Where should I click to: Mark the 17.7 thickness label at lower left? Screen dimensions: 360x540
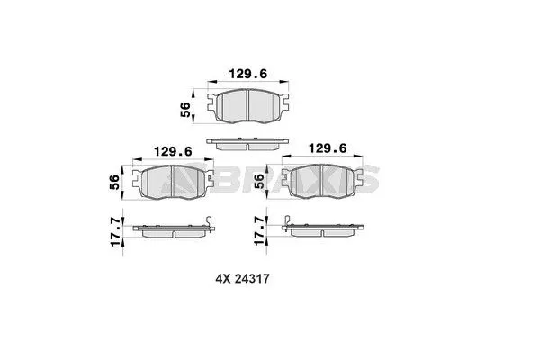click(x=114, y=228)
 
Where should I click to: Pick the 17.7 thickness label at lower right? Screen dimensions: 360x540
click(x=261, y=228)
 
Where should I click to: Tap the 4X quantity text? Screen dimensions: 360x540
click(x=222, y=279)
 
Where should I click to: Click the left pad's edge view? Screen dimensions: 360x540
click(x=171, y=229)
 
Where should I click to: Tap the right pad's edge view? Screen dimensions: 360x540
click(x=321, y=229)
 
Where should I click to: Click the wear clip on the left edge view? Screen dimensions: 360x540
click(x=208, y=224)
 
